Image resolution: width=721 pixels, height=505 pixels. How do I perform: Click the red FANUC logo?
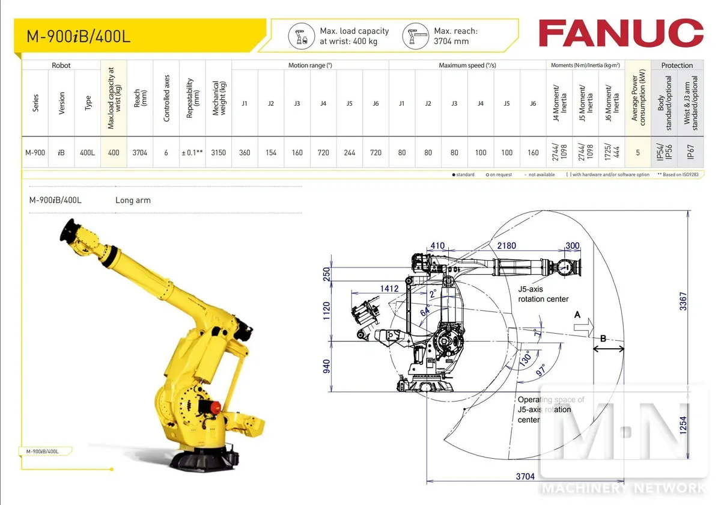[x=620, y=33]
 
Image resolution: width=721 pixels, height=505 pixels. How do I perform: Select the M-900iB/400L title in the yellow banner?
[x=78, y=36]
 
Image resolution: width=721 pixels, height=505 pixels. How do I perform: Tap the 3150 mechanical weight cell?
[x=219, y=153]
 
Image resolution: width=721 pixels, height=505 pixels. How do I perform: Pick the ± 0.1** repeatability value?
[x=192, y=153]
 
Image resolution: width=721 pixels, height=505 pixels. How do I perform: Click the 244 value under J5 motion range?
[x=350, y=153]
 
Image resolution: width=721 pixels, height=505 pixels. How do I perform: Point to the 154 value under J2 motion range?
[x=271, y=153]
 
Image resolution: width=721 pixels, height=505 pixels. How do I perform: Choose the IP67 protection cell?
[x=690, y=153]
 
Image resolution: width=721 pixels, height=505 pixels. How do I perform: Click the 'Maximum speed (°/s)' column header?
[x=467, y=66]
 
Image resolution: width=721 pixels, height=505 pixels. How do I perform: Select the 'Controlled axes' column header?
[x=166, y=99]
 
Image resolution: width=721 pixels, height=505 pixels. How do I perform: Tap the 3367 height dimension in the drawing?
[x=683, y=298]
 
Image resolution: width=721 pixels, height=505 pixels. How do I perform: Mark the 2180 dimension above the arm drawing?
[x=507, y=246]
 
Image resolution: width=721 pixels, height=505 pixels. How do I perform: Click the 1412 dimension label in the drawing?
[x=389, y=289]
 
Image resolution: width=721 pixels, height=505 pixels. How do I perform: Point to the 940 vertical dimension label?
[x=327, y=366]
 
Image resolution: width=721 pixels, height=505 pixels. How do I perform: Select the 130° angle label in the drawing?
[x=525, y=360]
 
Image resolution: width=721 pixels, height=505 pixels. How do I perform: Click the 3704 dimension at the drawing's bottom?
[x=525, y=476]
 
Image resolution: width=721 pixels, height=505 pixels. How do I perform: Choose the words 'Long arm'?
[x=133, y=200]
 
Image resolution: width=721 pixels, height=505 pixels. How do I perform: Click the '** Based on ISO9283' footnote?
[x=678, y=175]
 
